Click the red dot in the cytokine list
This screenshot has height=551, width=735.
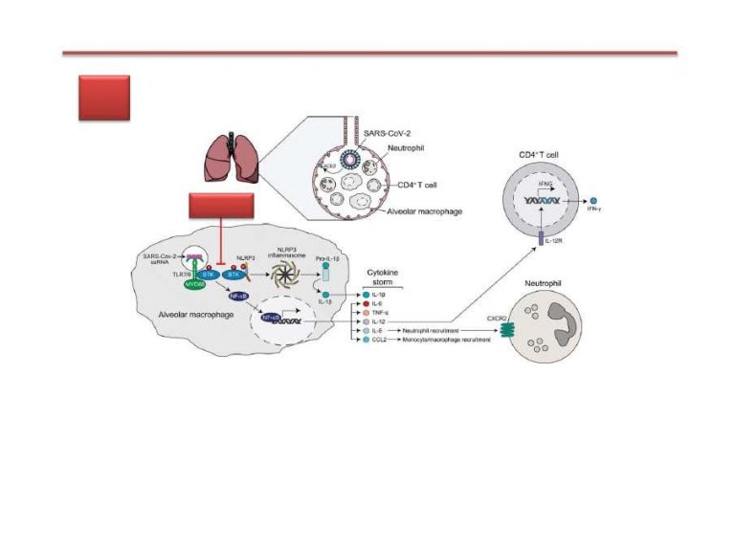click(366, 302)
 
